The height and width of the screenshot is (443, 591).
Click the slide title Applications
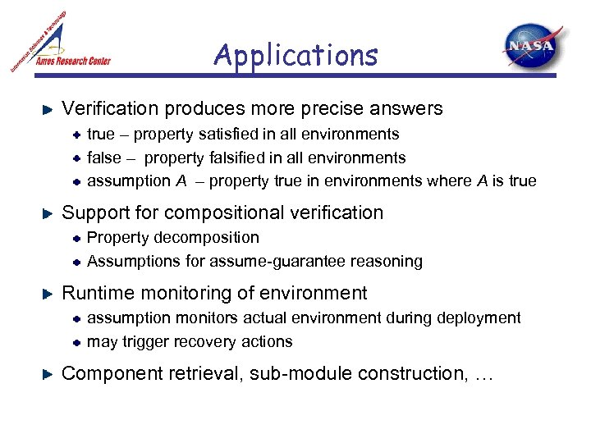point(295,56)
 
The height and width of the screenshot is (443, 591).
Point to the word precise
point(351,108)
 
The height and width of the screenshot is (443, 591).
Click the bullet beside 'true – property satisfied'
point(75,134)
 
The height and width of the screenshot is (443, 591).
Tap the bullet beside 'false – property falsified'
point(75,158)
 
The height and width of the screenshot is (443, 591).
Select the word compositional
point(235,212)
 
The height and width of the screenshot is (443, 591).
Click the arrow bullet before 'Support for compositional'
point(48,213)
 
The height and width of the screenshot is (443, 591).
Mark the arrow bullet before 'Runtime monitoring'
point(48,294)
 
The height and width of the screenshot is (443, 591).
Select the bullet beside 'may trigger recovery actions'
point(75,341)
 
